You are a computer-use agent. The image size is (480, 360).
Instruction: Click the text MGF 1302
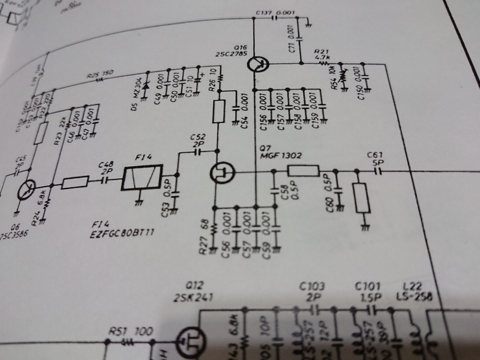coord(281,155)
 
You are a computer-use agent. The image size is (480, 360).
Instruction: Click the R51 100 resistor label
coord(122,331)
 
